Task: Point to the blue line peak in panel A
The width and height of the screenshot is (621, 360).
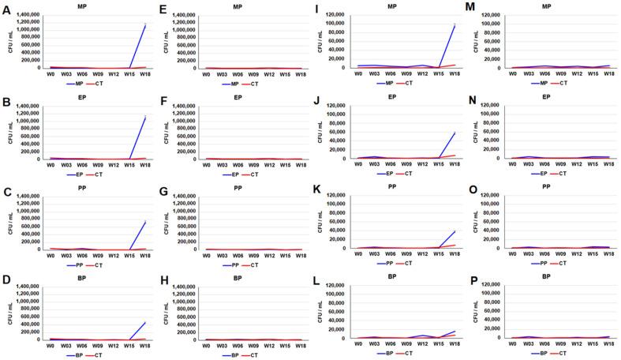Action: pos(145,26)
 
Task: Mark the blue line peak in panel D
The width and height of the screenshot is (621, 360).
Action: pos(145,301)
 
